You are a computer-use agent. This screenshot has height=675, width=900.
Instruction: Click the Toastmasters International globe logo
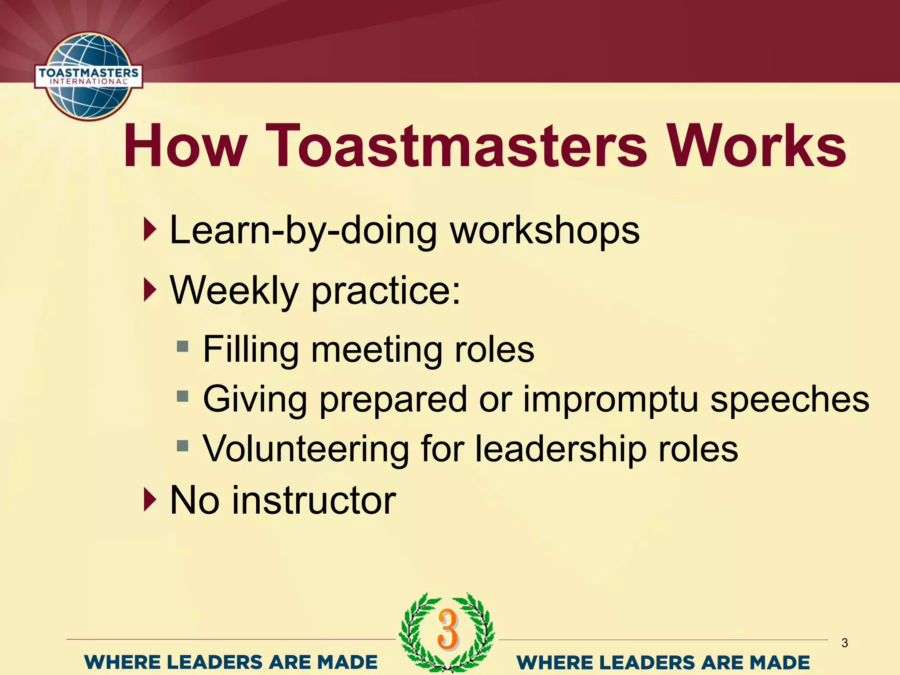click(88, 76)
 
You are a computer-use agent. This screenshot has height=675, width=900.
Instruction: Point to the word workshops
click(545, 231)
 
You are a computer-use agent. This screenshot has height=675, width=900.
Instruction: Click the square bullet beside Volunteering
click(182, 447)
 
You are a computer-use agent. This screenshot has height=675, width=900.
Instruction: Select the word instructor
click(314, 501)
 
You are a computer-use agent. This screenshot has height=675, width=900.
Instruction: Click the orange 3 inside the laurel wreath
click(448, 630)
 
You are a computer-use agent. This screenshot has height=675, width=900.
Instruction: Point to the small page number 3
click(845, 643)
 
